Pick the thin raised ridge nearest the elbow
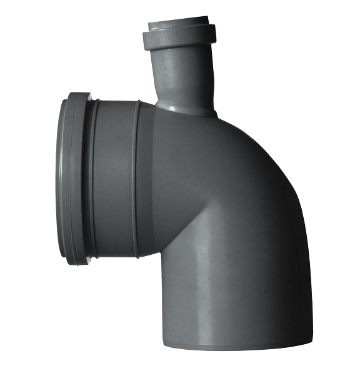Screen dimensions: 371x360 137,178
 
